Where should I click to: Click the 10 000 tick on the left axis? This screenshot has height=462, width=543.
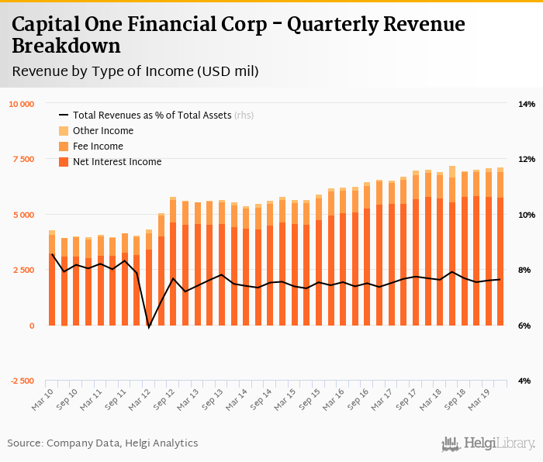click(x=22, y=104)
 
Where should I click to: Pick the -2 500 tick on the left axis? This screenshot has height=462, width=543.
click(x=22, y=381)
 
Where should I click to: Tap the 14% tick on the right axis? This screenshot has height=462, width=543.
click(x=526, y=104)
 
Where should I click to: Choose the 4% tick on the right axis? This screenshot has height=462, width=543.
click(x=526, y=381)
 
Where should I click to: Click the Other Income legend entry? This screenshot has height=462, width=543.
click(x=102, y=131)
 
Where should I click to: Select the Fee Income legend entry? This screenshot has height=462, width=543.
click(x=98, y=147)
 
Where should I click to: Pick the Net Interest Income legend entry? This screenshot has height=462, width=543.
click(x=116, y=162)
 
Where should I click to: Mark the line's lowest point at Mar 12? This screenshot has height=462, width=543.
click(x=149, y=327)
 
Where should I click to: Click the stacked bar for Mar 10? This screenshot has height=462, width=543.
click(x=52, y=279)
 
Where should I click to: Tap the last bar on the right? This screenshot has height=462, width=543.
click(x=500, y=248)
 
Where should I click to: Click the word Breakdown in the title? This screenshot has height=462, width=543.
click(x=67, y=46)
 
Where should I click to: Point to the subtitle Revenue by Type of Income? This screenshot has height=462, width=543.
click(x=135, y=71)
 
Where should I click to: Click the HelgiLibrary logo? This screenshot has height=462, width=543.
click(x=488, y=443)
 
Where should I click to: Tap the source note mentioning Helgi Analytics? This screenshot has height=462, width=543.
click(x=102, y=443)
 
